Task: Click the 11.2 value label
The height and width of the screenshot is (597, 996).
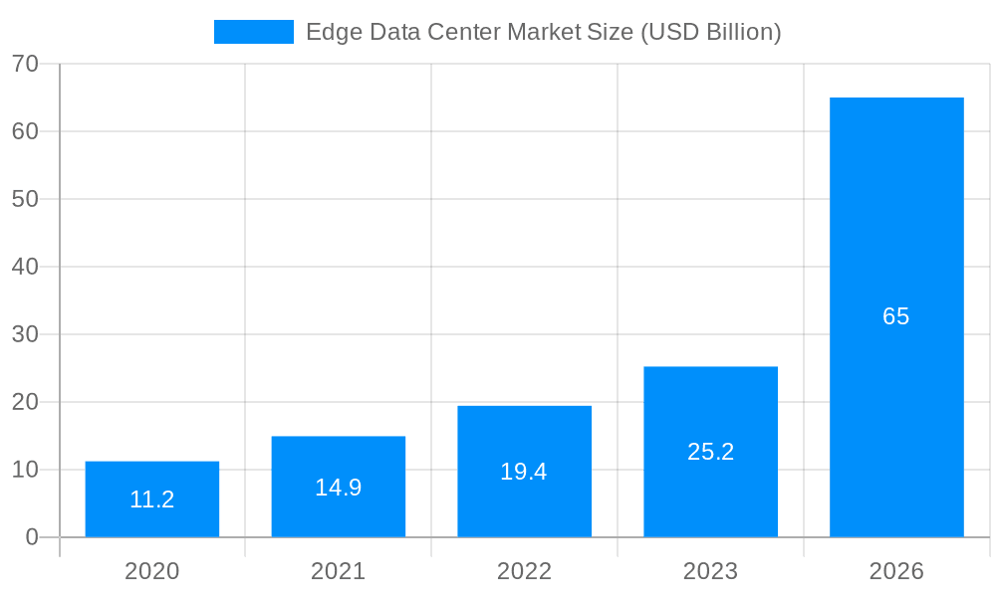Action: pos(152,499)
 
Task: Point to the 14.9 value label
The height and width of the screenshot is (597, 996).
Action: pos(339,488)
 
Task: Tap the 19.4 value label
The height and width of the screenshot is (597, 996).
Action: pos(524,472)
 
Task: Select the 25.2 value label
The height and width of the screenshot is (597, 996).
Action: pos(710,452)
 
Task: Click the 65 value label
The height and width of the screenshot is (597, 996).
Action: pos(896,316)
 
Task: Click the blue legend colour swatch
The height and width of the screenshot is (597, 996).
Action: pos(254,32)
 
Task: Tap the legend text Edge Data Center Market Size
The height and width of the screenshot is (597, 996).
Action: pos(543,32)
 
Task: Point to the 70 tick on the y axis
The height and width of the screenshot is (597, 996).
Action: pos(25,64)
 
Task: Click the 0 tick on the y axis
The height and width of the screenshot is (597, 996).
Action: pos(32,537)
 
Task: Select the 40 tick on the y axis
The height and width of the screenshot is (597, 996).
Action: pos(25,267)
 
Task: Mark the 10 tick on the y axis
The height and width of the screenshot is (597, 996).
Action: pos(25,470)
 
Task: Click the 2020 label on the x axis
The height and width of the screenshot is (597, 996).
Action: pos(152,571)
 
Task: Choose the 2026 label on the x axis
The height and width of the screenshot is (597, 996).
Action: pos(896,571)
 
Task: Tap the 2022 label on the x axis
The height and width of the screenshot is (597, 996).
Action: pos(524,571)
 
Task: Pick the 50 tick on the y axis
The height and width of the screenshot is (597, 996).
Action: pos(25,199)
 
